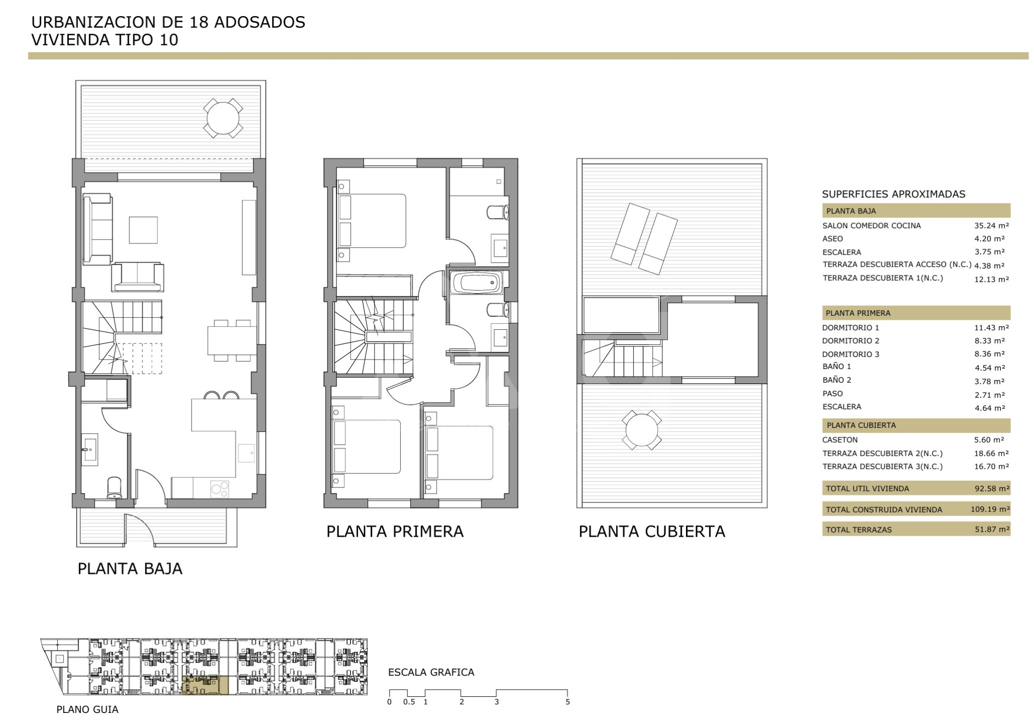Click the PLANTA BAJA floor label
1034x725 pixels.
coord(130,569)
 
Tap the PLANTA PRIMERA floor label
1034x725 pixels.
coord(395,532)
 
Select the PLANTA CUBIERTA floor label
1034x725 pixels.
coord(652,532)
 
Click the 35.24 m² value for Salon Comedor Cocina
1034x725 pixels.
coord(991,226)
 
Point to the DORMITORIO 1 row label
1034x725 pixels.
coord(850,327)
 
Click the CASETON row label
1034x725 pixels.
coord(840,440)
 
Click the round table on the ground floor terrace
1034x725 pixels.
coord(223,118)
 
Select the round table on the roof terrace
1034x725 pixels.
coord(641,430)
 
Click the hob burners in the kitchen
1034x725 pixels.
coord(219,489)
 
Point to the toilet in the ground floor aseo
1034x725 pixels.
coord(115,488)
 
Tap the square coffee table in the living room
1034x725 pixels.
coord(143,230)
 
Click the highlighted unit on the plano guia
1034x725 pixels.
coord(205,685)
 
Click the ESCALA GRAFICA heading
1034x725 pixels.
coord(431,672)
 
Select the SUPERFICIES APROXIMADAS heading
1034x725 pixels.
coord(894,194)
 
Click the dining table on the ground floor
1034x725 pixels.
coord(232,340)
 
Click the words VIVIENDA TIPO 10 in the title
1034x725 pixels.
coord(105,40)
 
